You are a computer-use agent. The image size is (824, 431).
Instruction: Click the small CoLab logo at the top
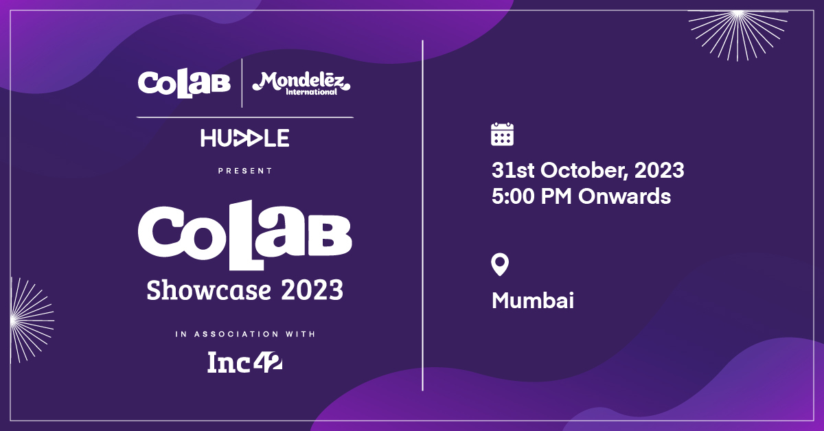click(x=183, y=83)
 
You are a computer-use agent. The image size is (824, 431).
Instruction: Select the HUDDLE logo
click(x=244, y=138)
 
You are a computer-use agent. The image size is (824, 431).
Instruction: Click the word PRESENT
click(x=245, y=171)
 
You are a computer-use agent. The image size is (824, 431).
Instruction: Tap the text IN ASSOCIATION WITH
click(x=245, y=334)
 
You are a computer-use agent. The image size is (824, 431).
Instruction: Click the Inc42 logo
click(x=245, y=362)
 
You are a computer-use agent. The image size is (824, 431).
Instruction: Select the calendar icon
click(x=503, y=134)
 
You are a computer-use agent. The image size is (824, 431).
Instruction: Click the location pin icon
click(x=501, y=264)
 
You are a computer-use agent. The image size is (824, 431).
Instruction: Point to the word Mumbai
click(x=533, y=301)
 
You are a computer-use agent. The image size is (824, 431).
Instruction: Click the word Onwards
click(x=624, y=196)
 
